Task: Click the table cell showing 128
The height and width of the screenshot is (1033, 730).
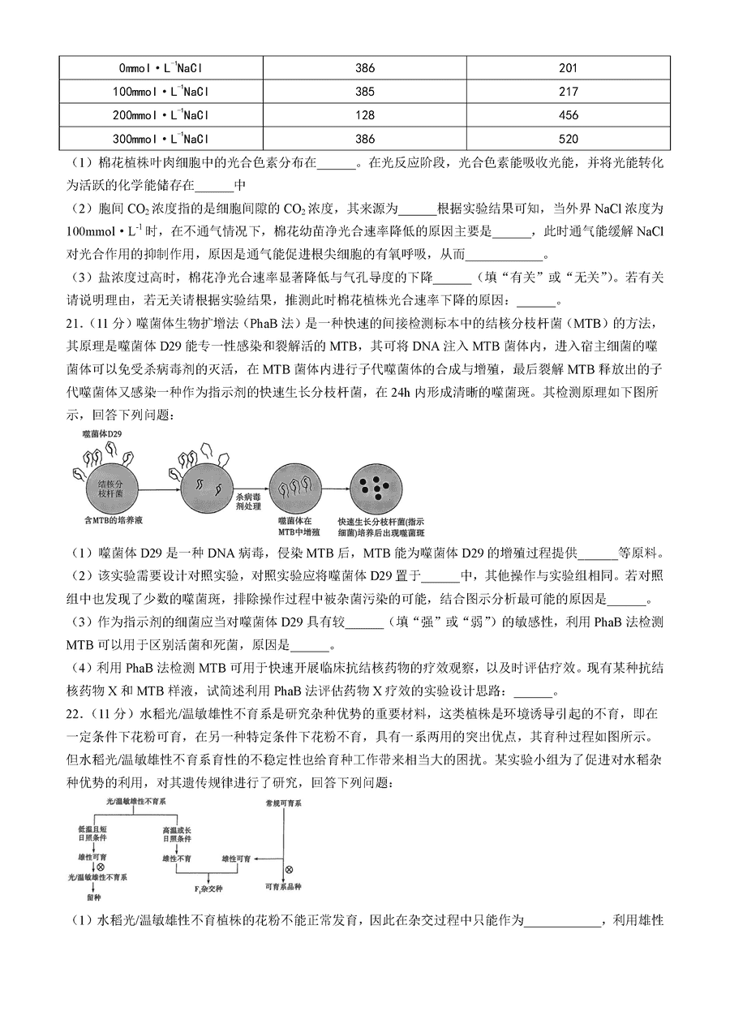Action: tap(365, 114)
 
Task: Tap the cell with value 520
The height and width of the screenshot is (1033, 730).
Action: tap(569, 139)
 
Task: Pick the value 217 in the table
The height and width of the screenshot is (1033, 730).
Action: tap(569, 92)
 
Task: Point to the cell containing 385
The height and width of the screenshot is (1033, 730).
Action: tap(365, 92)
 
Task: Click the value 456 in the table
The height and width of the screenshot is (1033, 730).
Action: tap(569, 114)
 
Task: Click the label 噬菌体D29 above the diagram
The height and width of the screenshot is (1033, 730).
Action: tap(101, 435)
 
